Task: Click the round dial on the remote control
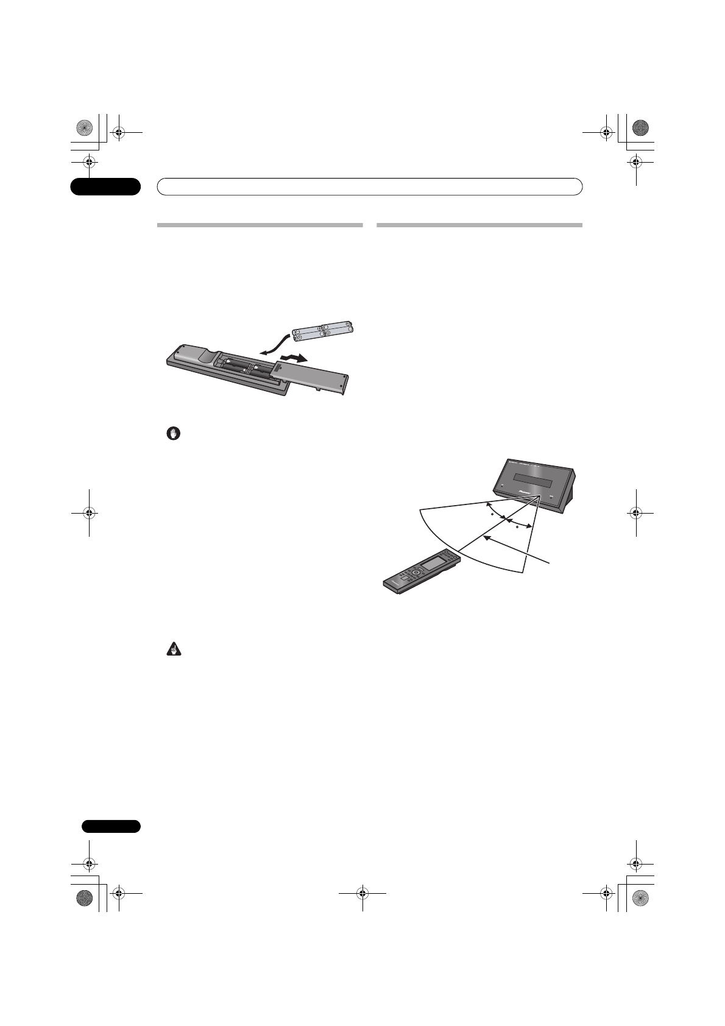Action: (x=416, y=573)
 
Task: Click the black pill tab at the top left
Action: (x=105, y=186)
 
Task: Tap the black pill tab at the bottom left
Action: (x=105, y=826)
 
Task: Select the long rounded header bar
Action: (x=370, y=186)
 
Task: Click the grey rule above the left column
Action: (x=260, y=225)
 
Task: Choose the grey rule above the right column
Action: (x=479, y=225)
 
